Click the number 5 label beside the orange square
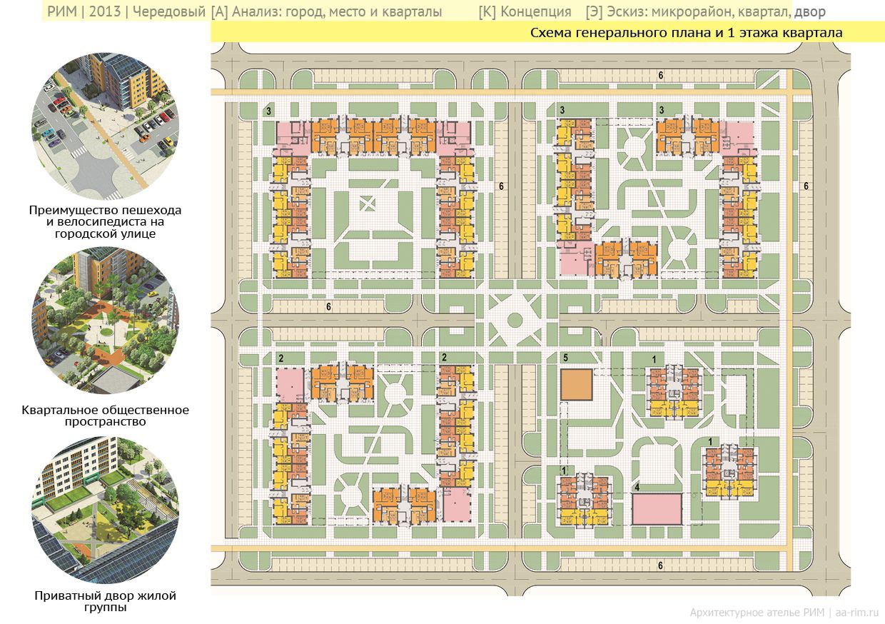click(565, 358)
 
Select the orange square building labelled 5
click(577, 385)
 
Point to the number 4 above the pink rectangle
click(637, 488)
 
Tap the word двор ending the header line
click(809, 12)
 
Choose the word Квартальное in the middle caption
click(59, 410)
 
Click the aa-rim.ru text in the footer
click(856, 613)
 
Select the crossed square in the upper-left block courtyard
click(367, 204)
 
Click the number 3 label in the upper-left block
click(268, 111)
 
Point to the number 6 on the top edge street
click(661, 76)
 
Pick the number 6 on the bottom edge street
click(661, 565)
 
